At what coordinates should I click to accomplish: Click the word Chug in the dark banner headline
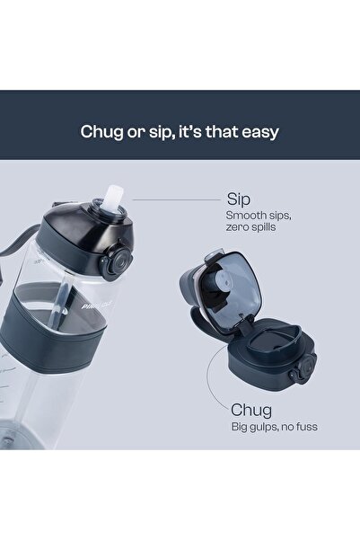pos(101,132)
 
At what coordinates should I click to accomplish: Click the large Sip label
pos(239,199)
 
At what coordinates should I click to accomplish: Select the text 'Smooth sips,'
pos(259,216)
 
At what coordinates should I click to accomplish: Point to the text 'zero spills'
pos(250,227)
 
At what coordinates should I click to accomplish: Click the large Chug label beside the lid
pos(251,410)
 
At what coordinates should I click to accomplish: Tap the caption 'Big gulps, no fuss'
pos(275,427)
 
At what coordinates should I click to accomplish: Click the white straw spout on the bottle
pos(111,198)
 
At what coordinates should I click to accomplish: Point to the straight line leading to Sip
pos(176,199)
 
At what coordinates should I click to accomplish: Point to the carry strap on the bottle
pos(21,241)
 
